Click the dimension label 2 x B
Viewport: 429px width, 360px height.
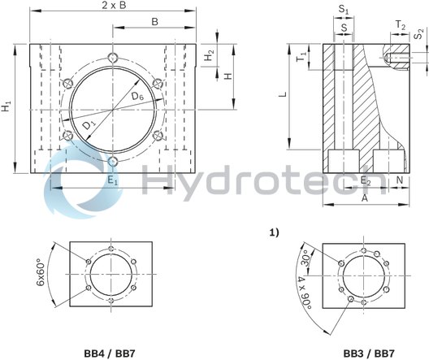click(113, 7)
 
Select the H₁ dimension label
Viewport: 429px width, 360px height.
click(7, 106)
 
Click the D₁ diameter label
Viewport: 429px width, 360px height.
click(89, 126)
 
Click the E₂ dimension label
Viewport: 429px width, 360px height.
click(366, 181)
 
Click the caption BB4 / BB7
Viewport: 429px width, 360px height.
click(110, 353)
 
